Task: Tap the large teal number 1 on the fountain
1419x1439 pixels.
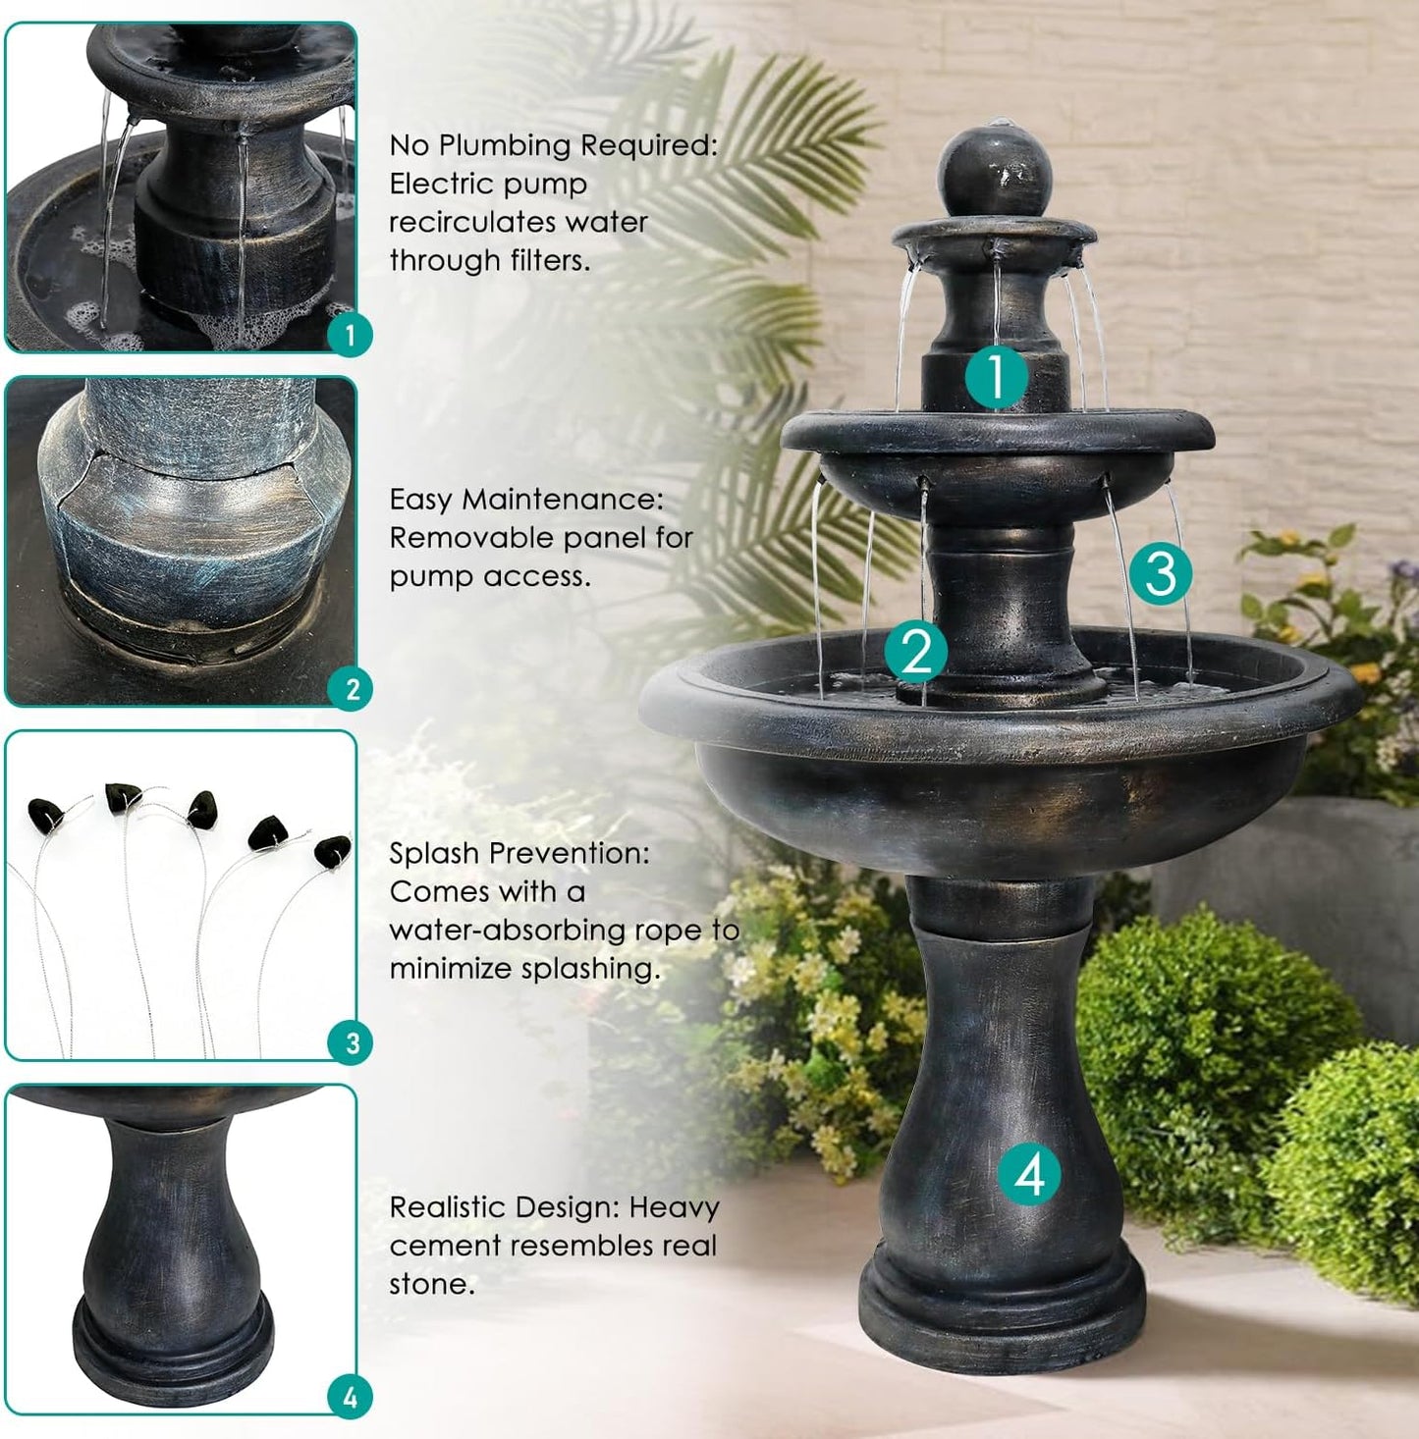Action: click(x=996, y=376)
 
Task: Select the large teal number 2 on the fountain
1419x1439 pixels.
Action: click(x=916, y=651)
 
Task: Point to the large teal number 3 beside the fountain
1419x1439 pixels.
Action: click(x=1160, y=572)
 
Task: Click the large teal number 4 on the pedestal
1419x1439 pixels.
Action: click(x=1029, y=1174)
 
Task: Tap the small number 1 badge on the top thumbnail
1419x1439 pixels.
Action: click(x=350, y=336)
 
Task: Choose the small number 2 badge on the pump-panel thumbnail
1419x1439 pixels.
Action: click(x=352, y=689)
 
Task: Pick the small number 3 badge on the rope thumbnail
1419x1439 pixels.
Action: click(x=352, y=1042)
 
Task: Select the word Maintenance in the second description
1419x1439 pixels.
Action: click(x=562, y=500)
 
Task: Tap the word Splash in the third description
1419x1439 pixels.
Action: click(x=429, y=853)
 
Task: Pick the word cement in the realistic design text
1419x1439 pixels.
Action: click(x=442, y=1246)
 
